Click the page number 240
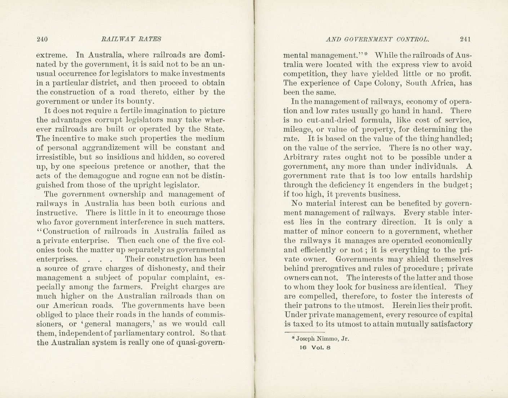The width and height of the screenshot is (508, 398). [x=42, y=39]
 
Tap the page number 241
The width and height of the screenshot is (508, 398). [x=465, y=39]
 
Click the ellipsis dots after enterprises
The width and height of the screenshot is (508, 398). [x=99, y=259]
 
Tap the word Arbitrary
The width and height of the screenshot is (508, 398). [x=300, y=157]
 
